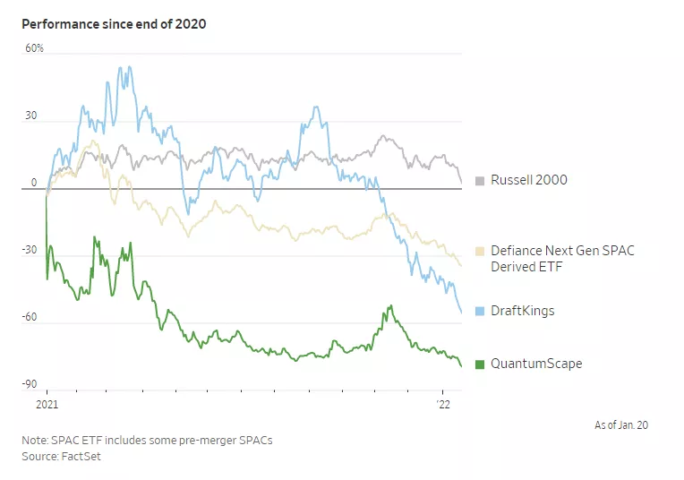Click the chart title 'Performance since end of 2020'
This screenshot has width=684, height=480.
click(x=114, y=24)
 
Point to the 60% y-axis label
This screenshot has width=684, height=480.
click(x=34, y=48)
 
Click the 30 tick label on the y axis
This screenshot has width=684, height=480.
click(x=31, y=116)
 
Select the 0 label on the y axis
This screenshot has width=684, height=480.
click(x=34, y=183)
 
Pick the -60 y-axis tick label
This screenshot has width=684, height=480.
click(x=30, y=317)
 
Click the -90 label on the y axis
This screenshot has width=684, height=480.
click(x=30, y=384)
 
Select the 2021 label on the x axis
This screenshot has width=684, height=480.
click(x=47, y=405)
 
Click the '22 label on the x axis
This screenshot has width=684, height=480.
click(x=442, y=405)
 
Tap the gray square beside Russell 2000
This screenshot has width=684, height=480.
click(x=480, y=181)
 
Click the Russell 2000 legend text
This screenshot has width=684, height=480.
click(x=528, y=181)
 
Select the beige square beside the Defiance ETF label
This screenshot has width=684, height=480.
click(x=480, y=252)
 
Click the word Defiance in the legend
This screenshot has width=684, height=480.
click(x=517, y=252)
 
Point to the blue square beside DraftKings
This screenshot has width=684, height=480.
click(x=480, y=312)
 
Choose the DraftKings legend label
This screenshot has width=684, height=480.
click(x=522, y=312)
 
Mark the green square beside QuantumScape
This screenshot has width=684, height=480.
click(x=480, y=364)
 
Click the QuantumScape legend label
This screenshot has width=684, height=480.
click(x=536, y=364)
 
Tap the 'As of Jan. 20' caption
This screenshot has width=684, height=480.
click(x=620, y=424)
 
